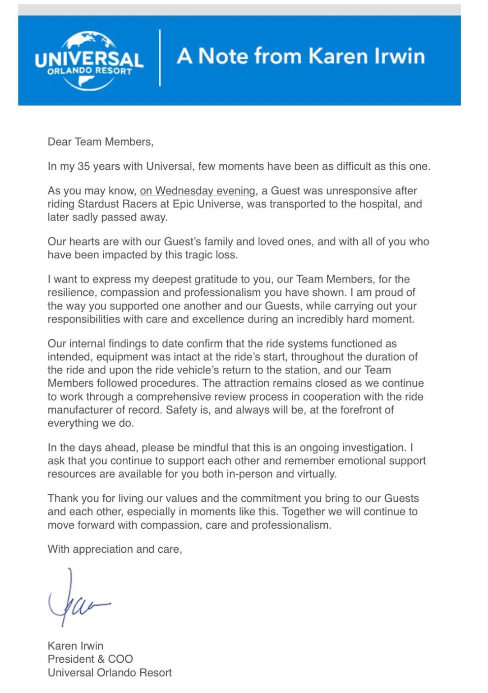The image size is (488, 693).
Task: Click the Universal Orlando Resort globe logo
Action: point(89,60)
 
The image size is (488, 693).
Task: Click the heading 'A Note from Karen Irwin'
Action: point(301,56)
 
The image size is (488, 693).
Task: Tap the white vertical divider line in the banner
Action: point(160,58)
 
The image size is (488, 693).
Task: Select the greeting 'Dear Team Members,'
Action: point(101,142)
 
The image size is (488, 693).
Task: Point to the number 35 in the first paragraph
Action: point(83,166)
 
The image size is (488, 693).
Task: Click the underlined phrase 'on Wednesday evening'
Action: point(198,191)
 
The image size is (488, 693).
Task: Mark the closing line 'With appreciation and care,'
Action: point(115,550)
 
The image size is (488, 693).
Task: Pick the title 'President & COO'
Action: point(90,659)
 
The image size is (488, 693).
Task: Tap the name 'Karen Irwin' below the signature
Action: point(75,646)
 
